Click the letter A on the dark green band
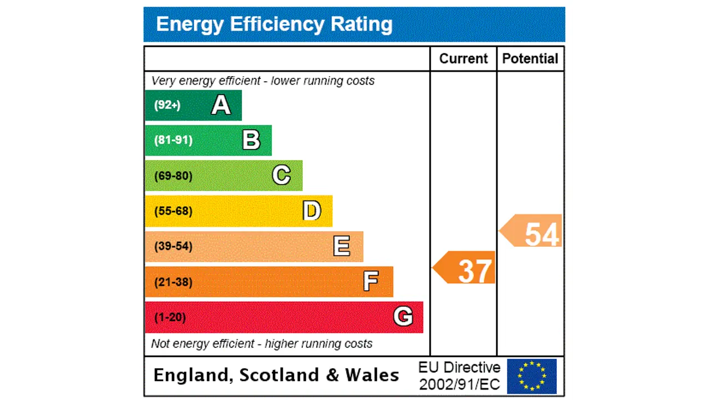coord(221,105)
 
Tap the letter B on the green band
coord(251,140)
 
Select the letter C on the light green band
coord(281,176)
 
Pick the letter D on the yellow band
coord(312,211)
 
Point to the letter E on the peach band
coord(342,246)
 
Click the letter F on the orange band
coord(371,282)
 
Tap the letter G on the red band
coord(403,317)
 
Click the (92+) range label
coord(168,105)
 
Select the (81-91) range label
coord(174,140)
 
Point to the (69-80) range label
coord(174,176)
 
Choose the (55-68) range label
coord(174,211)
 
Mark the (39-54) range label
coord(174,246)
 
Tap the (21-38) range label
coord(174,282)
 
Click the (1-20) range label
coord(170,317)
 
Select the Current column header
coord(463,59)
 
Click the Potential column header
coord(530,59)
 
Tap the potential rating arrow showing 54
coord(532,232)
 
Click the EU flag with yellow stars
coord(532,376)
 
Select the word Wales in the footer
coord(372,375)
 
